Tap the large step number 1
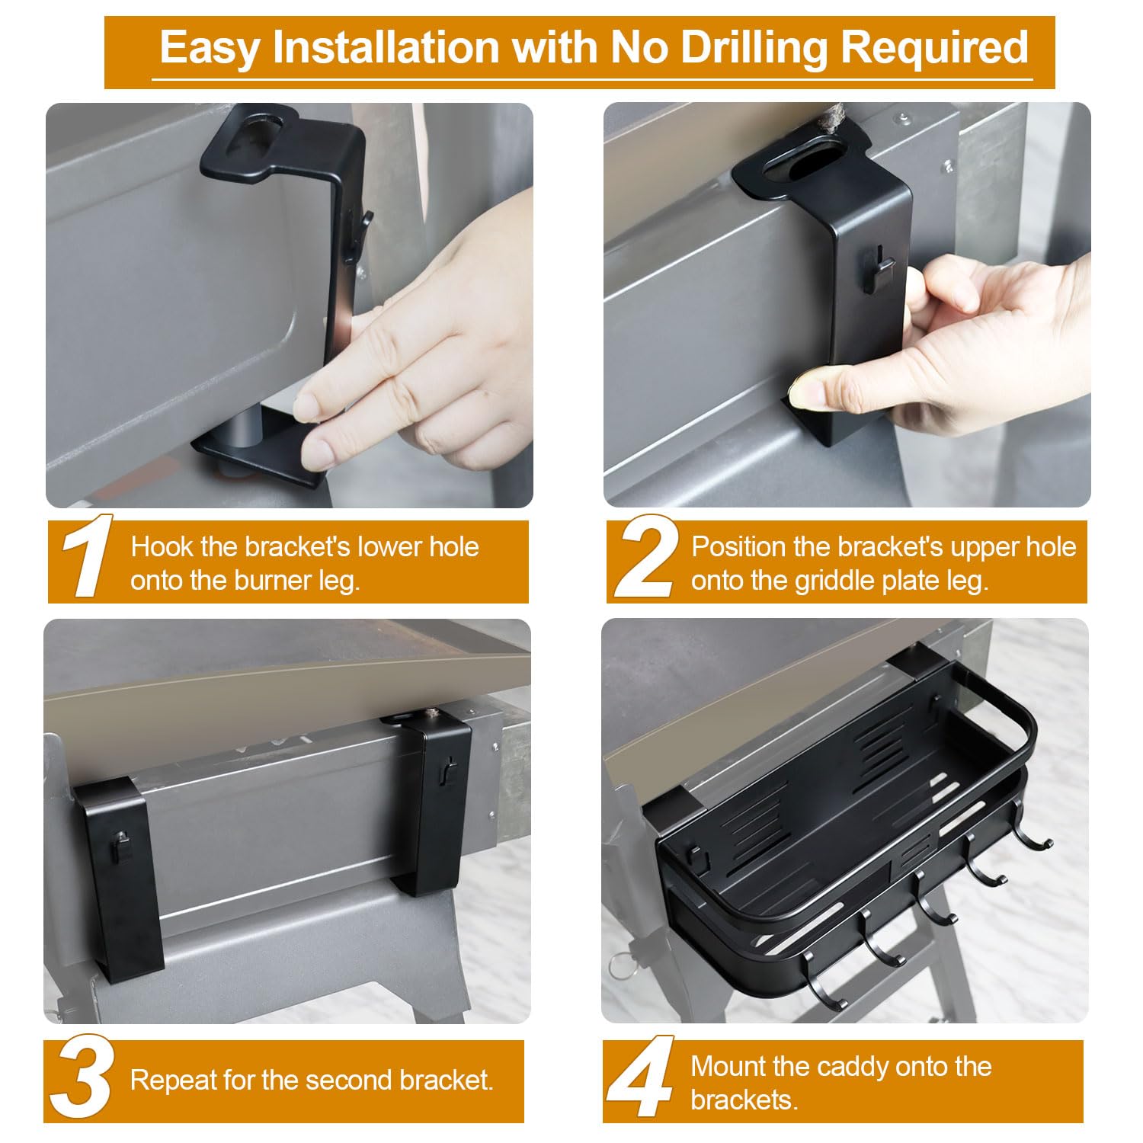click(87, 557)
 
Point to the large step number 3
click(82, 1077)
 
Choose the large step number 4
click(641, 1077)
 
